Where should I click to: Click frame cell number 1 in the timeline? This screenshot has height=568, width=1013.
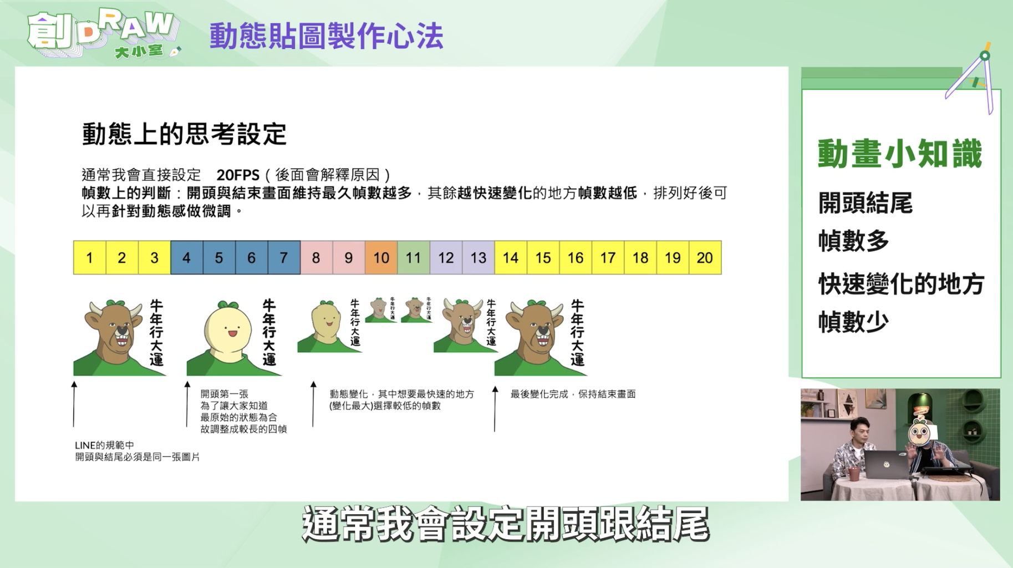[x=89, y=257]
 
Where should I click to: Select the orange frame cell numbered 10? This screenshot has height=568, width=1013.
[x=381, y=257]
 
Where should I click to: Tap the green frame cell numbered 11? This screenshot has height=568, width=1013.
[x=413, y=257]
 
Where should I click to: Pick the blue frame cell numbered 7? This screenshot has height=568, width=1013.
[x=284, y=257]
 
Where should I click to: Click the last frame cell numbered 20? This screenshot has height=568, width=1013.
[x=705, y=257]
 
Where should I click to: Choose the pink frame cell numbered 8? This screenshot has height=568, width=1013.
[x=316, y=257]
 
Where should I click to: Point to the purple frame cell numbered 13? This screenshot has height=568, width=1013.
[x=478, y=257]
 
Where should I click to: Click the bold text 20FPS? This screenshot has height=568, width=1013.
[x=238, y=175]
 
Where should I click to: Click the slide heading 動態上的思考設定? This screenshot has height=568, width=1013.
[x=184, y=134]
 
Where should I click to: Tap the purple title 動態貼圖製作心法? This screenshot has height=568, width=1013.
[x=326, y=37]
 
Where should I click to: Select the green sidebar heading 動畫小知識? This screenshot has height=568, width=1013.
[x=899, y=154]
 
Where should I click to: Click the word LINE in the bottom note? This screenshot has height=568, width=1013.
[x=84, y=445]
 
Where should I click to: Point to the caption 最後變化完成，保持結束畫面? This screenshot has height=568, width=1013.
[x=573, y=394]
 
